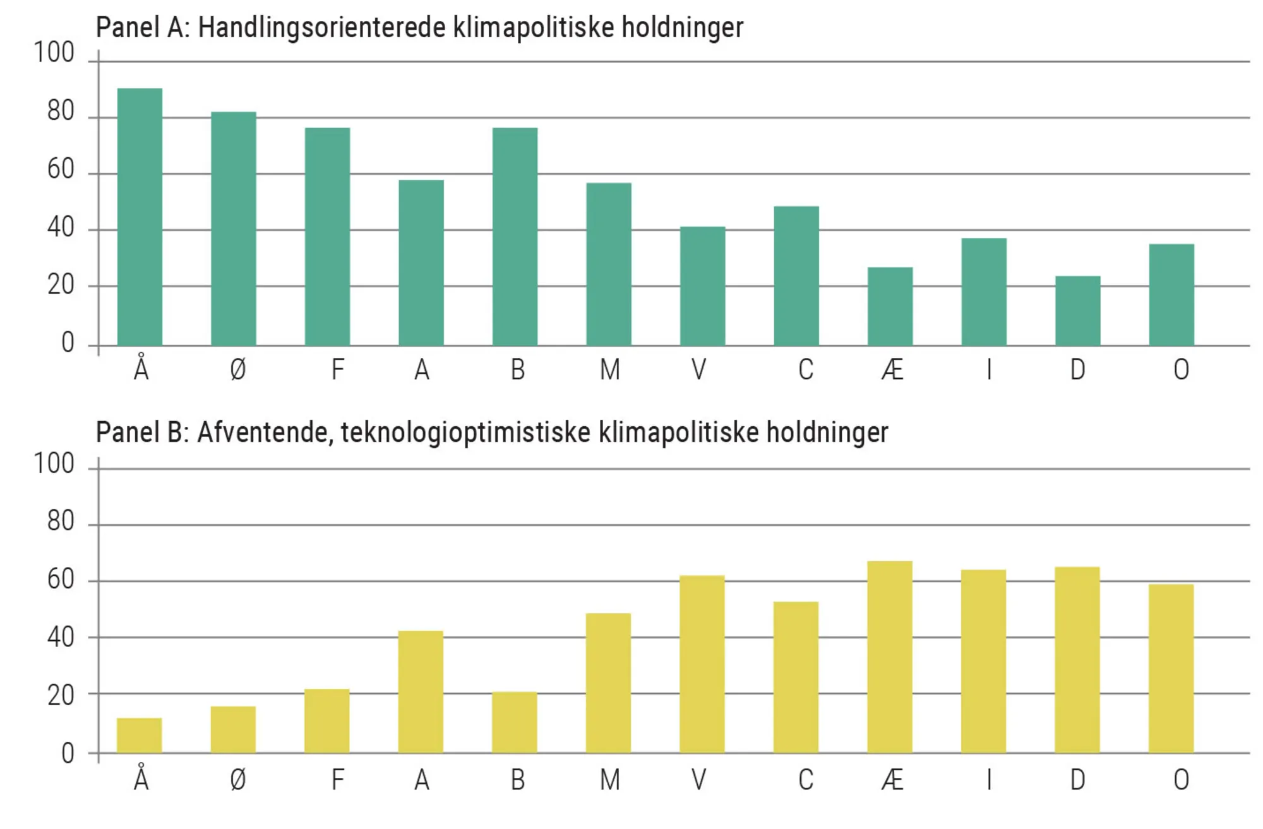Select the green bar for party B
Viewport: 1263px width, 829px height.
pyautogui.click(x=515, y=236)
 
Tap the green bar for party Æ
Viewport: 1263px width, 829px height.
pyautogui.click(x=890, y=306)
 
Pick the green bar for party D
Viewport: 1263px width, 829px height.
pyautogui.click(x=1077, y=311)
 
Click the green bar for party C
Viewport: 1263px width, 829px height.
pyautogui.click(x=796, y=276)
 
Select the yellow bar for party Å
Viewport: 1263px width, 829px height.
pyautogui.click(x=139, y=736)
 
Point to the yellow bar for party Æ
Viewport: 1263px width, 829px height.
pyautogui.click(x=889, y=657)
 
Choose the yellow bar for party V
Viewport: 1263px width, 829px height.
pyautogui.click(x=702, y=664)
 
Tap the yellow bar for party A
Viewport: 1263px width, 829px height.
pyautogui.click(x=421, y=692)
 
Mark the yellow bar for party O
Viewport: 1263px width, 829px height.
pyautogui.click(x=1171, y=669)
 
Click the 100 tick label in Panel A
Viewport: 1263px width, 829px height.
pyautogui.click(x=54, y=52)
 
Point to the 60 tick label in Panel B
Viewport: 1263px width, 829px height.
pyautogui.click(x=61, y=579)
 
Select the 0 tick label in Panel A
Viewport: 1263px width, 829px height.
pyautogui.click(x=68, y=343)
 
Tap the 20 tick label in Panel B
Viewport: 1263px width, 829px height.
pyautogui.click(x=61, y=695)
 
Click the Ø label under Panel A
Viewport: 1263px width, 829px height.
pyautogui.click(x=237, y=369)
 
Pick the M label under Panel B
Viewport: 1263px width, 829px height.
pyautogui.click(x=609, y=780)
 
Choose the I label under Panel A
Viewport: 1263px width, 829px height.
pyautogui.click(x=989, y=369)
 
